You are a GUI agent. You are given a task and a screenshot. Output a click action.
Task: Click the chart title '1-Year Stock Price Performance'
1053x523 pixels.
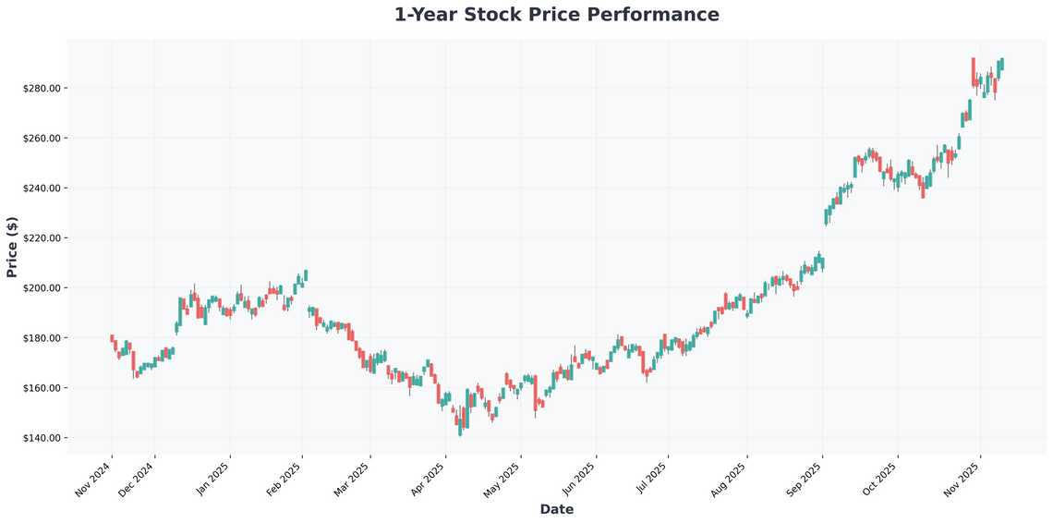click(x=556, y=15)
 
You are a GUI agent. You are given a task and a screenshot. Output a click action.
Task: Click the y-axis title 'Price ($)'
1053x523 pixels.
click(x=12, y=247)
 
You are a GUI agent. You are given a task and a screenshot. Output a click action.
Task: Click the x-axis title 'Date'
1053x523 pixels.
click(x=556, y=509)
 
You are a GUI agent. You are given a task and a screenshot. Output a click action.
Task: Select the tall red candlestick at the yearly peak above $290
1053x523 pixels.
click(x=973, y=72)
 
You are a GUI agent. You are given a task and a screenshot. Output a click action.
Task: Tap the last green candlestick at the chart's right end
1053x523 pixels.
click(x=1002, y=64)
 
